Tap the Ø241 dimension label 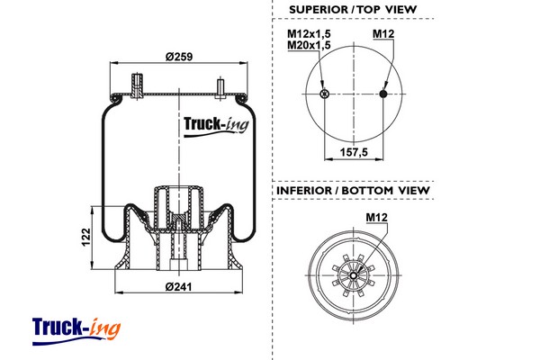click(180, 288)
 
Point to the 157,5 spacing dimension click(354, 152)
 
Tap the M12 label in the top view click(383, 35)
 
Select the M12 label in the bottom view click(377, 217)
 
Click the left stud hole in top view click(324, 94)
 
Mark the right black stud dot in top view click(384, 94)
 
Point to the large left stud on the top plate click(138, 83)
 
